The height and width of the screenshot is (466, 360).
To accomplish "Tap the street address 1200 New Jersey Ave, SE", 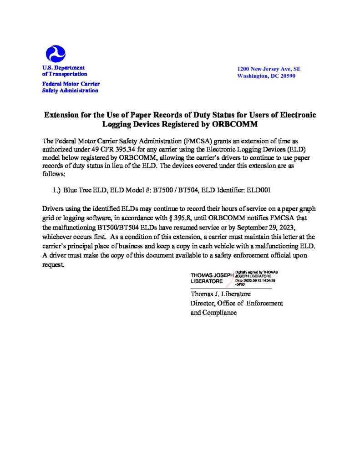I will (269, 69).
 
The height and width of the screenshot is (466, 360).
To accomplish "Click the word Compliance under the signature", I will (219, 313).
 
